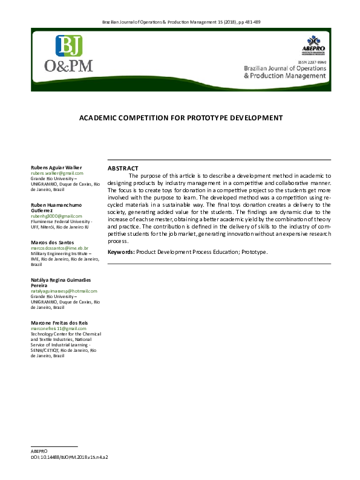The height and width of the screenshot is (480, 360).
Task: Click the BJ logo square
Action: pos(68,46)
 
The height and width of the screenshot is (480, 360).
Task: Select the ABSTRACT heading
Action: pos(123,168)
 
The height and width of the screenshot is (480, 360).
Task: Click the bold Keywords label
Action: pos(121,251)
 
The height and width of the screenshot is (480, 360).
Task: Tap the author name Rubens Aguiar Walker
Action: pos(56,167)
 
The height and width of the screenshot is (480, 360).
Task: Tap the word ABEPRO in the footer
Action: pos(38,452)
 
